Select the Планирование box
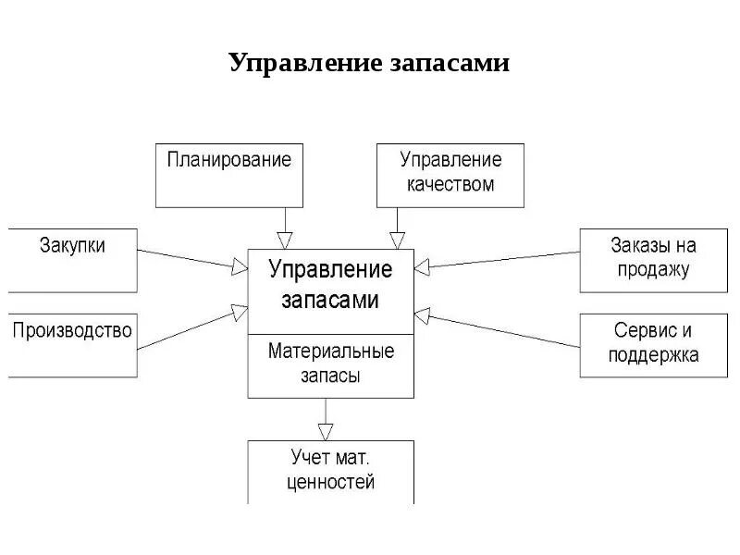(x=228, y=175)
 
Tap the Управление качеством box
(x=450, y=175)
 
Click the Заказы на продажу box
(x=652, y=260)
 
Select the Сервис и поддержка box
(x=652, y=345)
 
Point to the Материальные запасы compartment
(x=330, y=364)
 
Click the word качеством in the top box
(x=450, y=184)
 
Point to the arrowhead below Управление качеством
(x=398, y=240)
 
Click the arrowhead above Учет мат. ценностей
(x=324, y=430)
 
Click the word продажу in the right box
(x=652, y=270)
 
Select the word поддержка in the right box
(x=652, y=355)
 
